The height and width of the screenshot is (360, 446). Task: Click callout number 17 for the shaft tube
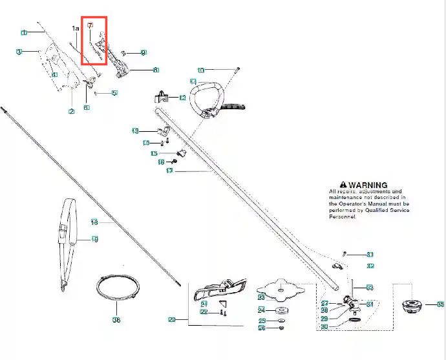click(x=169, y=171)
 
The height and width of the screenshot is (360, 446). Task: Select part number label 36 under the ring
click(x=116, y=319)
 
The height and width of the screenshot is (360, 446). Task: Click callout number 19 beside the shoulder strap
click(x=94, y=240)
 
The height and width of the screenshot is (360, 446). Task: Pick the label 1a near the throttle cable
click(x=75, y=28)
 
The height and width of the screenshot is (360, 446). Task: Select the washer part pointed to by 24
click(x=281, y=311)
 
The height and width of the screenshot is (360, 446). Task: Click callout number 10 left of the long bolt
click(x=200, y=70)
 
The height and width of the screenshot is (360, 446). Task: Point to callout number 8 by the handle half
click(x=156, y=69)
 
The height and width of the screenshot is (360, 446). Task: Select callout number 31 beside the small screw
click(x=370, y=254)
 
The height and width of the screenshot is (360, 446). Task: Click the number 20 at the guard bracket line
click(x=172, y=319)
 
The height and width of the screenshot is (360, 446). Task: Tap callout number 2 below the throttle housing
click(x=71, y=111)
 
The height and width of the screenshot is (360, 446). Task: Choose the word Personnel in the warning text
click(x=343, y=217)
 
